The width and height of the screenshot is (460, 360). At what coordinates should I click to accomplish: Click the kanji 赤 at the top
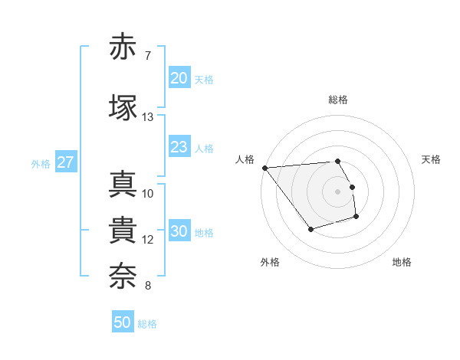(x=123, y=47)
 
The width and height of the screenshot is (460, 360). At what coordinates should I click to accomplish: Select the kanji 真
(x=123, y=185)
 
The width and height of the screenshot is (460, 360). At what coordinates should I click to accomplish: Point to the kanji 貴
(x=123, y=231)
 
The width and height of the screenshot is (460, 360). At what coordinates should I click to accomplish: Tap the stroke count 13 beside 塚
(x=148, y=117)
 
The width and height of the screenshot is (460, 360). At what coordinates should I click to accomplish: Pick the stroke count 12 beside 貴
(x=148, y=240)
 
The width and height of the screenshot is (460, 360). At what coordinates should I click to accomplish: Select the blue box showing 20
(x=179, y=78)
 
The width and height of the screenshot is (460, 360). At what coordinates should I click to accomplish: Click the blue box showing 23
(x=179, y=147)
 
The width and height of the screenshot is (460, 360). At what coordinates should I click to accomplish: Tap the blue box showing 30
(x=179, y=231)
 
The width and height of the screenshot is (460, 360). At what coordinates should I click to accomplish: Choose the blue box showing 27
(x=65, y=162)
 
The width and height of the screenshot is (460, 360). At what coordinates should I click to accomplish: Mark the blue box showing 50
(x=123, y=322)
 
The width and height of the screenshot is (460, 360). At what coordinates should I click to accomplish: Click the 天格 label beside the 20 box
(x=204, y=80)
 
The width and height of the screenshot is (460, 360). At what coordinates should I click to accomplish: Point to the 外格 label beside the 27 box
(x=41, y=164)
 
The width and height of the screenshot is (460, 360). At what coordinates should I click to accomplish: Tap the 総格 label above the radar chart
(x=338, y=100)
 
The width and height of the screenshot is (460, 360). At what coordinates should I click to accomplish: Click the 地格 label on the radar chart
(x=402, y=262)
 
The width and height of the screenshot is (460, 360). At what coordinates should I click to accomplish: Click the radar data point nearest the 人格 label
(x=264, y=168)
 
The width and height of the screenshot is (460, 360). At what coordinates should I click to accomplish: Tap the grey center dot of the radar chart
(x=338, y=191)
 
